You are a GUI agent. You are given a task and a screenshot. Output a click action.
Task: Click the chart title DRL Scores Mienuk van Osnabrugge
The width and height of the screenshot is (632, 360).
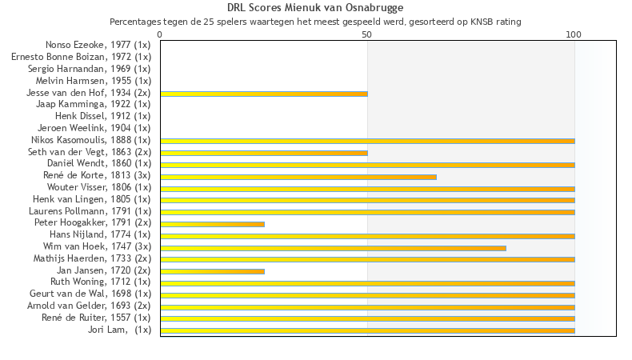click(x=315, y=8)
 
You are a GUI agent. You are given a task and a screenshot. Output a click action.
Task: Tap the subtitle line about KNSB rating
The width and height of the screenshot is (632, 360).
click(x=315, y=22)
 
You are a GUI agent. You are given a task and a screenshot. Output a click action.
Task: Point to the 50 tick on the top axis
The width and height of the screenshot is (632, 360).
click(x=367, y=34)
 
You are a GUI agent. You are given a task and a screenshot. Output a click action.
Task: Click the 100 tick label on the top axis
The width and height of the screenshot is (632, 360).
click(x=574, y=34)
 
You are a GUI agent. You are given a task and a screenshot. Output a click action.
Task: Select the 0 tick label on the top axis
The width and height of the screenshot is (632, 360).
click(x=160, y=34)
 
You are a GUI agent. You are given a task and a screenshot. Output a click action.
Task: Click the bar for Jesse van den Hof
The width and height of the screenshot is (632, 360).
click(x=264, y=94)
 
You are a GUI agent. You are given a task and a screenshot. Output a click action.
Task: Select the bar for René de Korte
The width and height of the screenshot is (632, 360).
click(x=298, y=176)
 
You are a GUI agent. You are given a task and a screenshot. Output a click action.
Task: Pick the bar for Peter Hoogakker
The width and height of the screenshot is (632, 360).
click(x=212, y=223)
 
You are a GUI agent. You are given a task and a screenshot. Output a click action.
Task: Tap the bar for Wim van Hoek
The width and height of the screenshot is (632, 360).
click(x=333, y=247)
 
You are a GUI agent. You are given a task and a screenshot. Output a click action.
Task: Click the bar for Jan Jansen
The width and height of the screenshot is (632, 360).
click(x=212, y=271)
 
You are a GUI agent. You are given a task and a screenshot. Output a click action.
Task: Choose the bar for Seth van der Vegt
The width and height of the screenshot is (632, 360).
click(x=264, y=152)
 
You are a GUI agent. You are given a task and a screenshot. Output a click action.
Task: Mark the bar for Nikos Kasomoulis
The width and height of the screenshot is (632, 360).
click(x=367, y=141)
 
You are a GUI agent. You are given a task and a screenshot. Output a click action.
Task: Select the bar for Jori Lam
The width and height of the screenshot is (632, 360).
click(x=367, y=330)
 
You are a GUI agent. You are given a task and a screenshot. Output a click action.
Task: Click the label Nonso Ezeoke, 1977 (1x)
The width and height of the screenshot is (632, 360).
click(x=98, y=45)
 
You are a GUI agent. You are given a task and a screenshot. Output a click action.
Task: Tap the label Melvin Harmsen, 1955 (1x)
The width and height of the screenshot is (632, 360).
click(x=93, y=81)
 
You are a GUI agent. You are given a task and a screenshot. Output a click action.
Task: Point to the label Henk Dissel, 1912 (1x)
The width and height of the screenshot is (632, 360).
click(x=97, y=116)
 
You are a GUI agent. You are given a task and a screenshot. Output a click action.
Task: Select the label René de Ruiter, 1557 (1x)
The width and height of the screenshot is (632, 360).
click(x=96, y=318)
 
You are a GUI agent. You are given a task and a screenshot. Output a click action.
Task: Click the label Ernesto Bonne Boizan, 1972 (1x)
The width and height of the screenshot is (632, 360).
click(x=81, y=57)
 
